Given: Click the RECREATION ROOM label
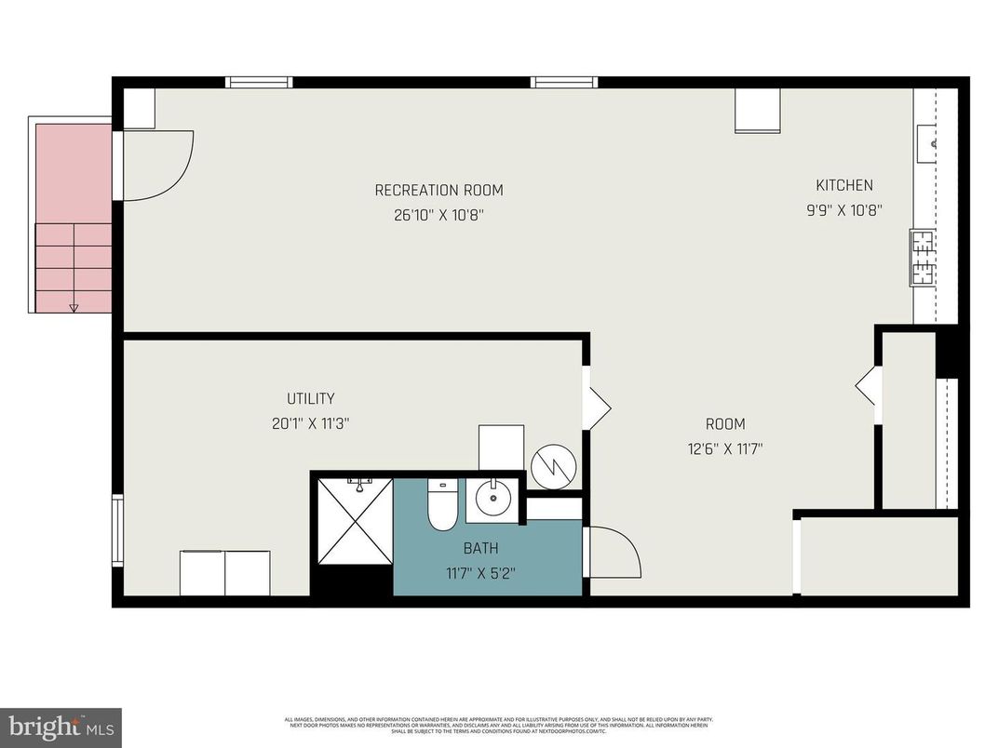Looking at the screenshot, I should pos(438,191).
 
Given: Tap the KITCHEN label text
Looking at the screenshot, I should pos(844,185).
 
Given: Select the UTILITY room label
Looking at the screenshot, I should pos(310,399).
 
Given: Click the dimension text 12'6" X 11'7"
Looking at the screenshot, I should pos(724,447).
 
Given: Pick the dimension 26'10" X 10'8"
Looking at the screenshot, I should pos(438,215).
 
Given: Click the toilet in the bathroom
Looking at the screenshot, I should pos(441,507).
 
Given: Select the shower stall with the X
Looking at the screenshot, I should pos(352,521).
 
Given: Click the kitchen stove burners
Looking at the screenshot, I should pos(923,258).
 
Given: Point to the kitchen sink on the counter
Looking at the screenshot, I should pos(932,144).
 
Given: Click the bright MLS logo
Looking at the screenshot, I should pos(60,727).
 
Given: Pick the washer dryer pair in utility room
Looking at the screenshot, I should pos(225,573).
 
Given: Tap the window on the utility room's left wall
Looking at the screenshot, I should pos(117,530).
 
